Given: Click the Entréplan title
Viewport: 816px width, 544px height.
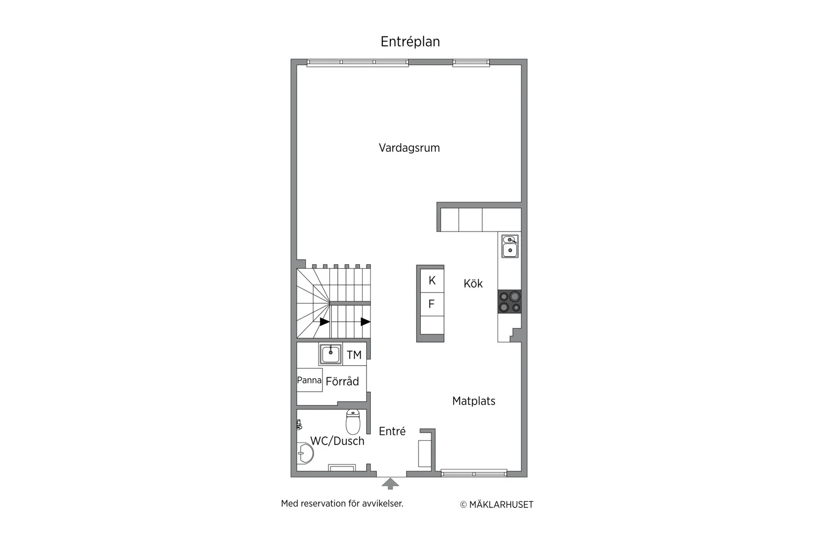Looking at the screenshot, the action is [x=410, y=42].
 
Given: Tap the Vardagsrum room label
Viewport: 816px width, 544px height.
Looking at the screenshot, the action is [x=409, y=147].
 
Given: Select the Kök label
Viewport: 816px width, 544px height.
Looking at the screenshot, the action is [x=473, y=283].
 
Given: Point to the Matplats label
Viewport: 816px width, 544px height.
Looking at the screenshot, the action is [x=474, y=401].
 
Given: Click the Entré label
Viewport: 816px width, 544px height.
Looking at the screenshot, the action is [x=392, y=431].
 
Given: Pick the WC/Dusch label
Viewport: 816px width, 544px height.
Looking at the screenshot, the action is [x=337, y=441].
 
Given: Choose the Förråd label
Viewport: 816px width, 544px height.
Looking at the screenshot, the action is [x=342, y=381].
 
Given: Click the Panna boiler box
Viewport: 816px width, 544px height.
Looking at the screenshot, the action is [x=309, y=380].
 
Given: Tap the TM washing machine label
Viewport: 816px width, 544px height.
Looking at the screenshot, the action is [x=354, y=355].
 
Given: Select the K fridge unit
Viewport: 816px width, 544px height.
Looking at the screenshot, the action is [x=432, y=280].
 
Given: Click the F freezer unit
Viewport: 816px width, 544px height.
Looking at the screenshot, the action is [x=432, y=304].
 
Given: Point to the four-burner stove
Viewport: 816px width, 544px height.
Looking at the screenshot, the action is [x=510, y=302].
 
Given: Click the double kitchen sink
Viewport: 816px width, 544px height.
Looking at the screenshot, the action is [x=510, y=246].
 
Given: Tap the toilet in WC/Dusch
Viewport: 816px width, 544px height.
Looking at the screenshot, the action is [x=353, y=421].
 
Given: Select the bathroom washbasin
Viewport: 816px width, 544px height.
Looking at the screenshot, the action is [x=305, y=453].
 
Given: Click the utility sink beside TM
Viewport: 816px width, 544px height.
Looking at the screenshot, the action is [x=330, y=354].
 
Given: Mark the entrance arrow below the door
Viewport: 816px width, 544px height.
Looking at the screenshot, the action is [x=390, y=484].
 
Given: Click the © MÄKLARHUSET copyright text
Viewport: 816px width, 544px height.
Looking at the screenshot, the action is [x=497, y=504].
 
